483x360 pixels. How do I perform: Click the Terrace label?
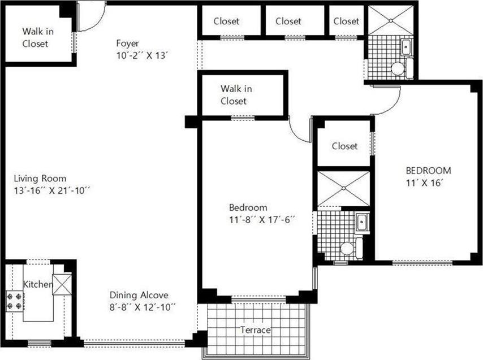click(255, 330)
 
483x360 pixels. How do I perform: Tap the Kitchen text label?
click(38, 284)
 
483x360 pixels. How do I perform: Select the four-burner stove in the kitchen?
click(15, 301)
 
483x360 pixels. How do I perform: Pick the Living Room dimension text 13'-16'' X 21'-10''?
click(53, 190)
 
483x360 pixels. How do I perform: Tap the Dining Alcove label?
click(139, 295)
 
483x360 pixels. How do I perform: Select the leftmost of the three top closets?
click(226, 21)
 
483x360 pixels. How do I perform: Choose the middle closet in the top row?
click(288, 21)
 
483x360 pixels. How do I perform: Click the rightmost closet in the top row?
click(346, 21)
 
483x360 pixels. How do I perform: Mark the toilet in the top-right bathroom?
click(398, 69)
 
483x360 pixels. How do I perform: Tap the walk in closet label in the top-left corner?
click(35, 37)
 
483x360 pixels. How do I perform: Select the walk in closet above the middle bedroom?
click(234, 94)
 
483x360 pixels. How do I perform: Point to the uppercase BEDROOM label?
click(428, 171)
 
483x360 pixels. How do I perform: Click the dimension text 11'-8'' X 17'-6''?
click(262, 219)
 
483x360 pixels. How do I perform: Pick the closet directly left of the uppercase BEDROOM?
click(344, 146)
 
